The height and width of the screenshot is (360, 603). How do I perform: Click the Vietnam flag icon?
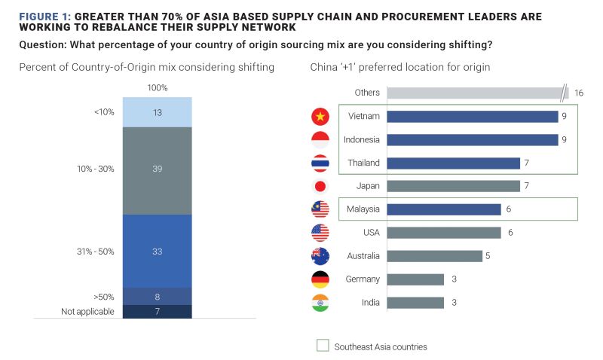320,117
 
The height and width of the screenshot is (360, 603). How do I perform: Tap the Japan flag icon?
320,186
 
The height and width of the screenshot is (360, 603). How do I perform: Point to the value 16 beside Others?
579,93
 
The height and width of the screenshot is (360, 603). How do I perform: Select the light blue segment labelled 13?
157,112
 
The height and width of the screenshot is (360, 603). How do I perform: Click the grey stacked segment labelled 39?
157,169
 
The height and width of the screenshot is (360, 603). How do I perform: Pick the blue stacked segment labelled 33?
157,251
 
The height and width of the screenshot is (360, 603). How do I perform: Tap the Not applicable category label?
87,312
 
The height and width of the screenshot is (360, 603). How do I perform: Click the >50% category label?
103,296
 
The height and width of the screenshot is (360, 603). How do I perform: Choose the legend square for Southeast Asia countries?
323,346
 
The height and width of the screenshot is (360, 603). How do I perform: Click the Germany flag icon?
320,279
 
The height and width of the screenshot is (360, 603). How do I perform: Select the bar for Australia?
434,256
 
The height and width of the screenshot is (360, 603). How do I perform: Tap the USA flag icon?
320,233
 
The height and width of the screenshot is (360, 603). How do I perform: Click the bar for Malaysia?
444,209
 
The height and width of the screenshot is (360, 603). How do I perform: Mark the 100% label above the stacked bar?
157,88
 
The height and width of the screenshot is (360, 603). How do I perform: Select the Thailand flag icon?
320,163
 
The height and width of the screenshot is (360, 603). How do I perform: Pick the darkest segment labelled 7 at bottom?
157,312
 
